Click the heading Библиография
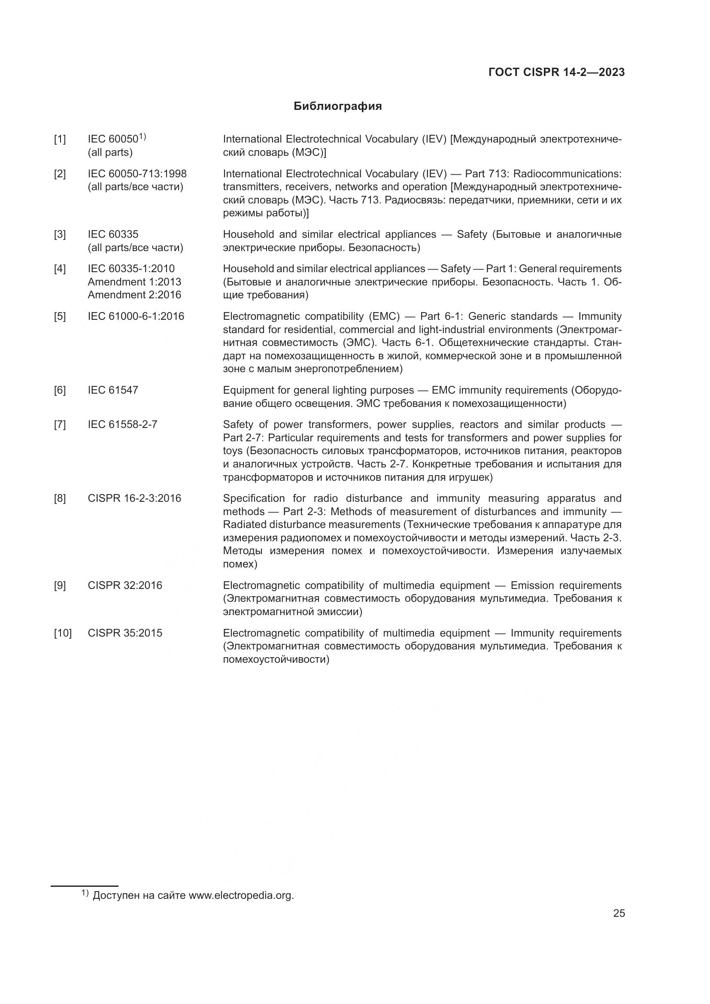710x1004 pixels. (337, 106)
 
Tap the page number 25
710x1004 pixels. (619, 913)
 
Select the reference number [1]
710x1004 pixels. (60, 140)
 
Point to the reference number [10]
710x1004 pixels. (63, 633)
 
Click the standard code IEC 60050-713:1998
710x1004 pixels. (137, 174)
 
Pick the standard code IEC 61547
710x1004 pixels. (113, 390)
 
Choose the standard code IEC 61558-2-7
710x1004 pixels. (122, 425)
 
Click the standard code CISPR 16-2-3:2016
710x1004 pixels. (134, 498)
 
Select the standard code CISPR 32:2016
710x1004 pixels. (124, 585)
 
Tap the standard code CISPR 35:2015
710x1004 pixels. (124, 633)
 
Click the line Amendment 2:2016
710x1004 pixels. (134, 295)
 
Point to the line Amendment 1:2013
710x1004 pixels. (134, 282)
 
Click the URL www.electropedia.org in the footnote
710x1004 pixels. (241, 895)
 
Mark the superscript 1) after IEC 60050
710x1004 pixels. (143, 137)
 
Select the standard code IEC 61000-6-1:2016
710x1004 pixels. (136, 316)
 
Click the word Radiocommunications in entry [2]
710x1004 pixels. (567, 174)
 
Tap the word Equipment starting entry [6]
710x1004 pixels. (247, 390)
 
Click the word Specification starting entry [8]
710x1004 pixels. (254, 498)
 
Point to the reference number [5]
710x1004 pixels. (60, 316)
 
